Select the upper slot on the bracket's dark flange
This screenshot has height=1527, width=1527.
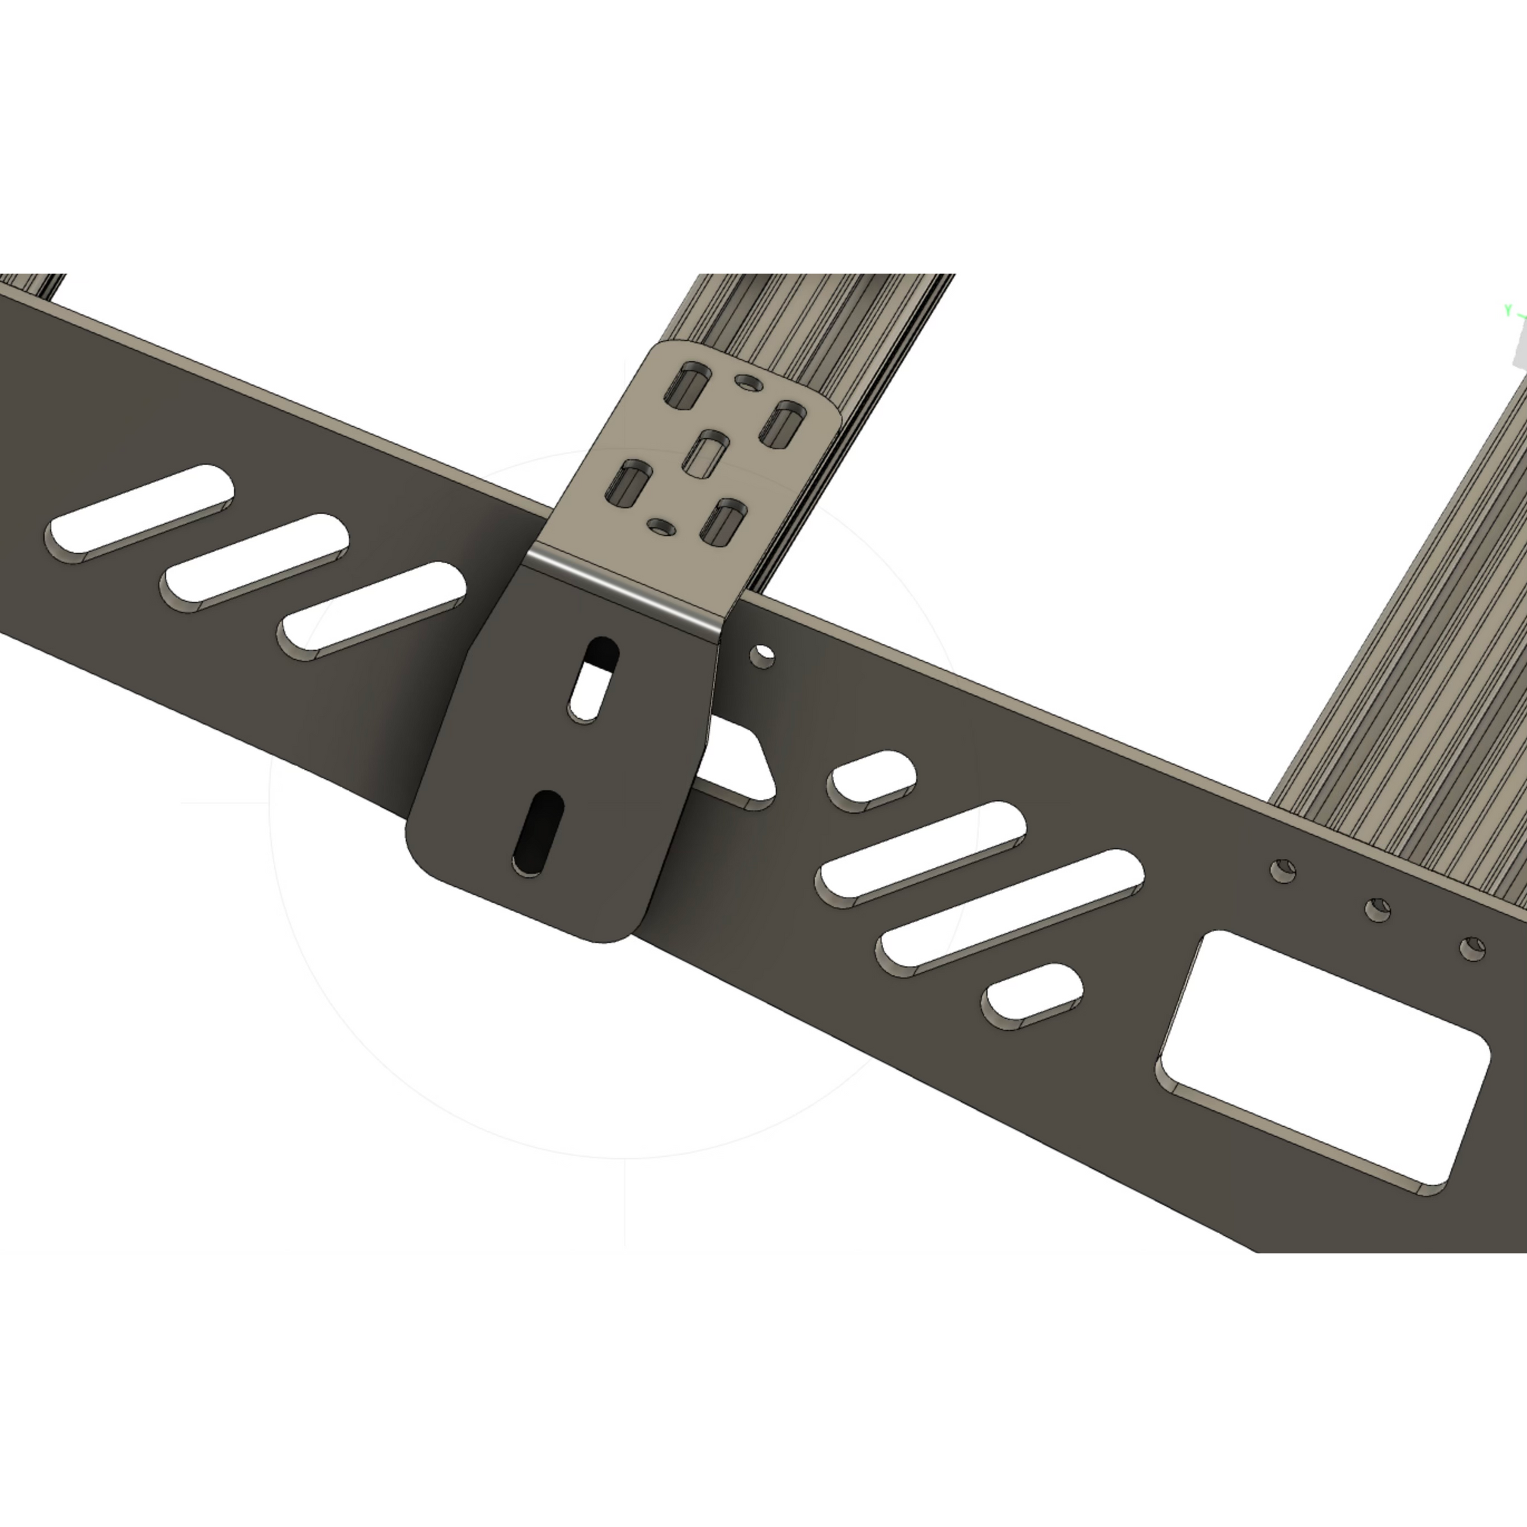click(594, 680)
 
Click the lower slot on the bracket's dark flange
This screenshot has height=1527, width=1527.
click(539, 832)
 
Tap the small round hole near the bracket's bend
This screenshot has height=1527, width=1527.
click(661, 525)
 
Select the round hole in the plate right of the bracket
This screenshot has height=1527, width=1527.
click(762, 656)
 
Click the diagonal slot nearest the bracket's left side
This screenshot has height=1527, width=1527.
click(372, 610)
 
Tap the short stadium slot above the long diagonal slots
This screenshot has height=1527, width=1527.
click(871, 781)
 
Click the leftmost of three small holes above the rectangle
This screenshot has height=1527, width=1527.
click(1283, 871)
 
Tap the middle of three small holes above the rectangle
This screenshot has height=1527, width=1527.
click(1378, 909)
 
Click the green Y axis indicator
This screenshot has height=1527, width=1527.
click(1508, 310)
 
